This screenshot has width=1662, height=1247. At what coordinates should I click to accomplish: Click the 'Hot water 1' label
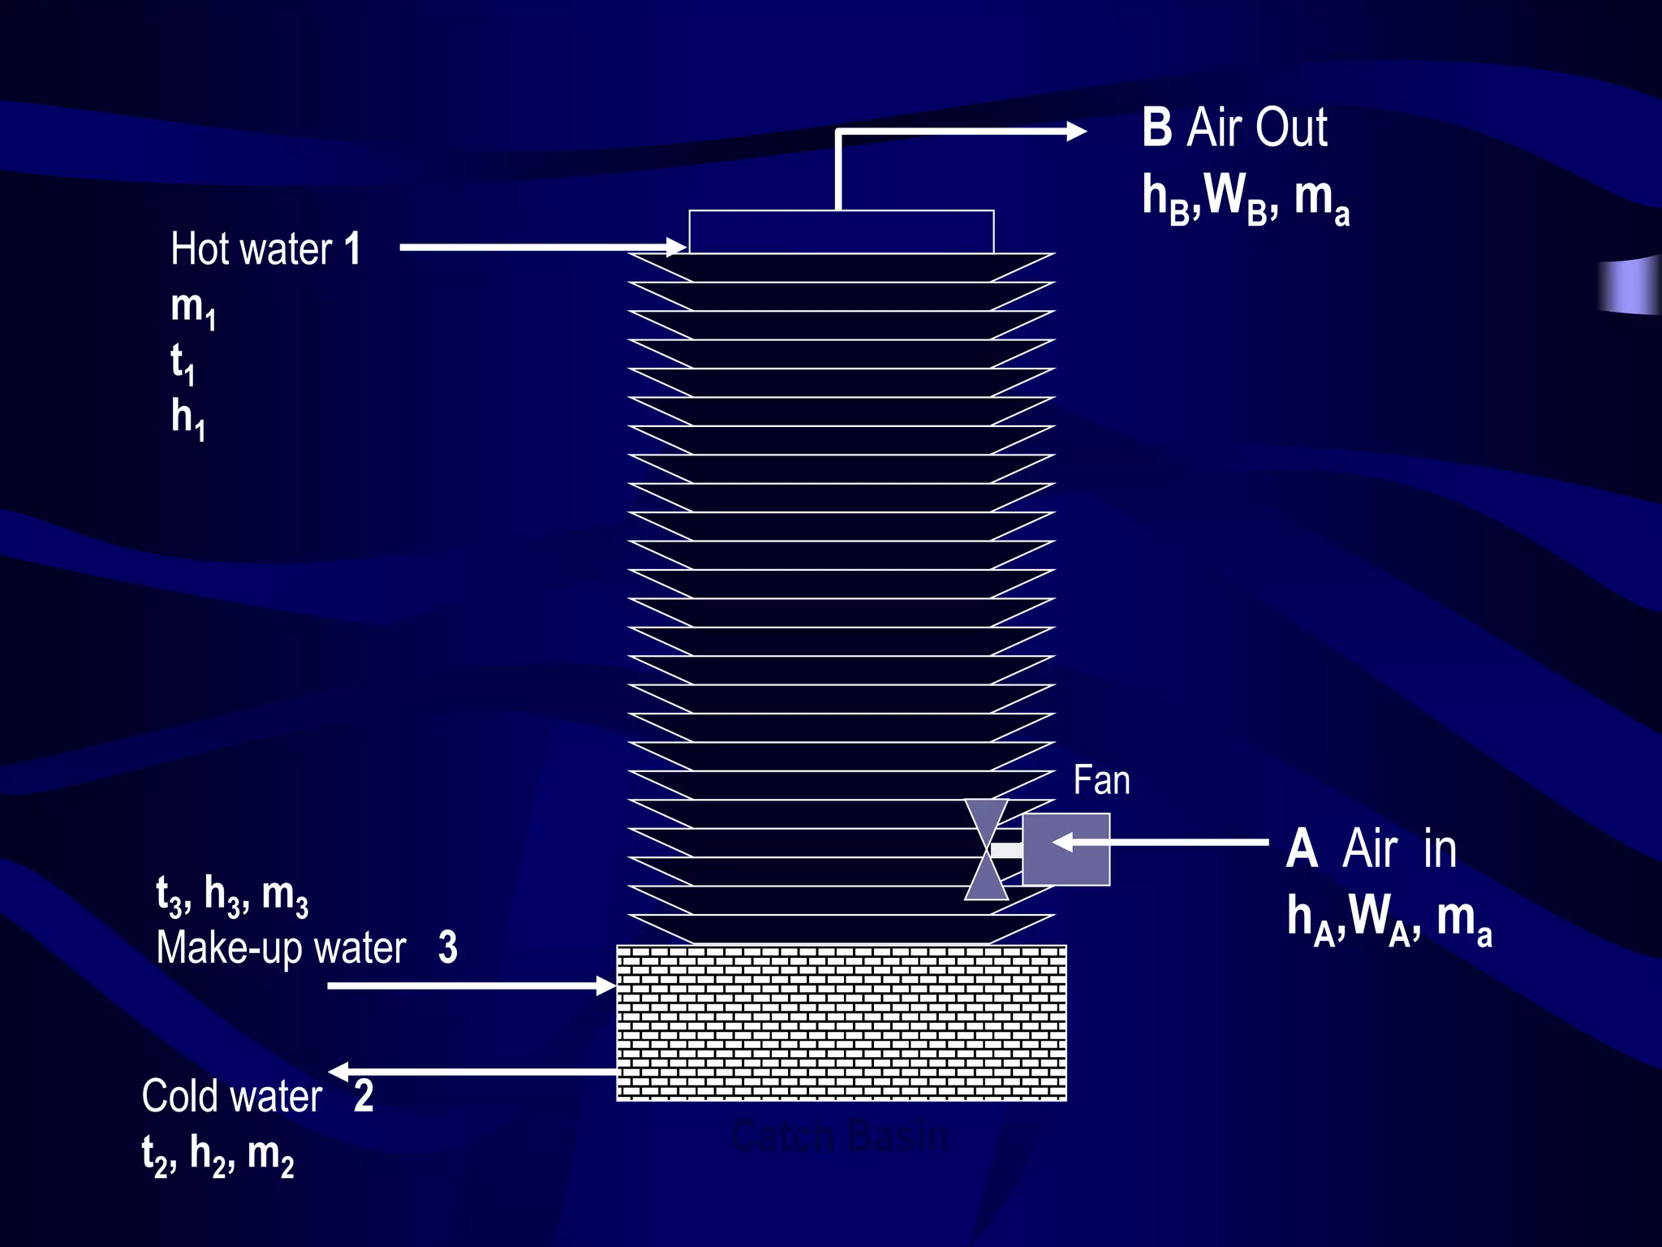click(x=265, y=248)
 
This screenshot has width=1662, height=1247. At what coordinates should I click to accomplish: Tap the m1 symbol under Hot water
click(x=193, y=309)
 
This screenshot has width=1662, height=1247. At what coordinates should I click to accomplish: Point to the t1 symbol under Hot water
click(x=183, y=362)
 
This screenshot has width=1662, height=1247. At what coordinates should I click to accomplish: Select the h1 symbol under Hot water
click(x=188, y=419)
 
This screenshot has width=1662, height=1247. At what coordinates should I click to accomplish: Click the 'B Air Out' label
click(x=1234, y=128)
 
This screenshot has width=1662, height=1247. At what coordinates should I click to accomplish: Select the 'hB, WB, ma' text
click(x=1245, y=198)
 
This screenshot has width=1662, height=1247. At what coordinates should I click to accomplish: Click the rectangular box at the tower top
click(x=841, y=232)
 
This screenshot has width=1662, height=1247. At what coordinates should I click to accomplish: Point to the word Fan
click(x=1101, y=780)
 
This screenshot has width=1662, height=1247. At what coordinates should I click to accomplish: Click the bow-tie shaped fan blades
click(x=987, y=849)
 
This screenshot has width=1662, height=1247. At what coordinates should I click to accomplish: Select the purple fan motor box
click(x=1066, y=849)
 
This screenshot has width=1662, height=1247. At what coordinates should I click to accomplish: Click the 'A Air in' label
click(x=1371, y=849)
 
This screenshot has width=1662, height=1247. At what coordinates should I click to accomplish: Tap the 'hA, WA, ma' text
click(x=1389, y=919)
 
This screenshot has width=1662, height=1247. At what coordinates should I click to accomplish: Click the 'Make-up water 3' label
click(x=307, y=947)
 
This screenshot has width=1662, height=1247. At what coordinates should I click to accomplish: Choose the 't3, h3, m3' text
click(x=232, y=895)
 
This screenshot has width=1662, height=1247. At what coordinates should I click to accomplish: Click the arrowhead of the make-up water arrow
click(x=605, y=986)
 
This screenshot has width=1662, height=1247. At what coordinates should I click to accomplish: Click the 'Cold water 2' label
click(x=257, y=1096)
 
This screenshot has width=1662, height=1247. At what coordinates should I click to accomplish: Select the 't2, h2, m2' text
click(x=217, y=1154)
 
